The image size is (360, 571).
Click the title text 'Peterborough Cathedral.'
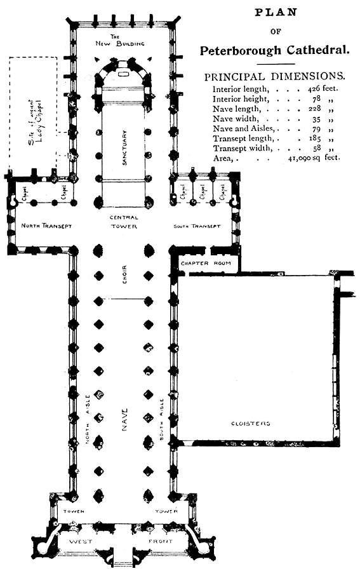tap(274, 50)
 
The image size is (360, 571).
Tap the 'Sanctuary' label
tap(125, 148)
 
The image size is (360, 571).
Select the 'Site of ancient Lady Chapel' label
tap(35, 120)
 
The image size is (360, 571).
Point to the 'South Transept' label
tap(197, 226)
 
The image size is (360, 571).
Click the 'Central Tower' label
tap(124, 222)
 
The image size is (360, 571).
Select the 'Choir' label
tap(124, 274)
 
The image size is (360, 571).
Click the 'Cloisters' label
tap(250, 423)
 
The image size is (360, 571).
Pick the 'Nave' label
tap(124, 420)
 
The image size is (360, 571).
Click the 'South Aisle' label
tap(163, 420)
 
